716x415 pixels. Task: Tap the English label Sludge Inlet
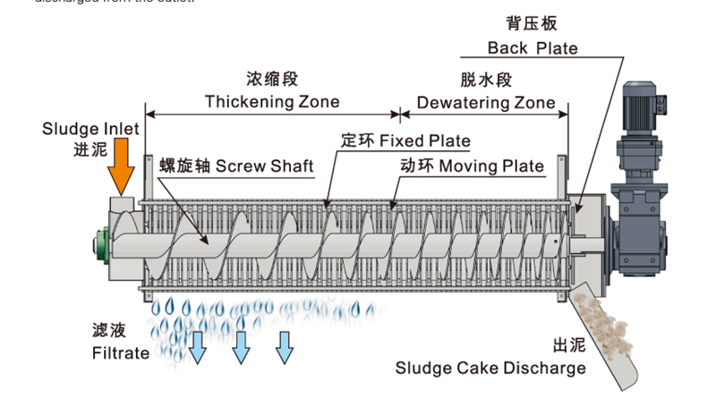pos(90,129)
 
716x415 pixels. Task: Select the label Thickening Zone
pos(272,101)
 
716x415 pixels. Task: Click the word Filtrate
pos(121,352)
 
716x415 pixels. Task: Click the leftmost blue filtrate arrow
pos(197,346)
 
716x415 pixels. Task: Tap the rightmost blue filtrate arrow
pos(285,346)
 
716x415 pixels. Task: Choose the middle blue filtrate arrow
pos(241,346)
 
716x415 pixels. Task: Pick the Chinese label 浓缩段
pos(271,79)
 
